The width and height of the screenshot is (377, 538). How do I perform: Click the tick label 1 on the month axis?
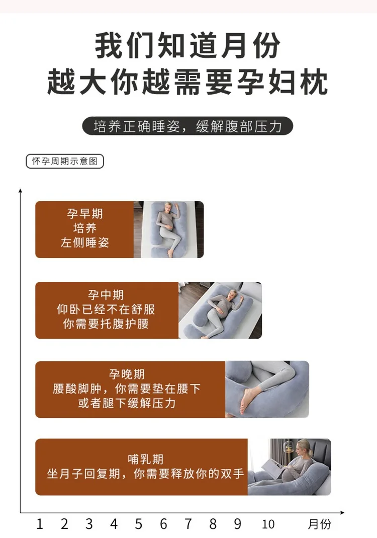(40, 524)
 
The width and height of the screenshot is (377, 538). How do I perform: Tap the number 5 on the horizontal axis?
(138, 524)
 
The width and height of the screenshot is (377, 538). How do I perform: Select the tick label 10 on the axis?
(268, 524)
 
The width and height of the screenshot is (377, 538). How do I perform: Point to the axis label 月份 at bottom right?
(319, 524)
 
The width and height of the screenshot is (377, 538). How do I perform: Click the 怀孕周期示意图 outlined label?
(65, 161)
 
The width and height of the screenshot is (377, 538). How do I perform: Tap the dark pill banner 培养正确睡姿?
(187, 126)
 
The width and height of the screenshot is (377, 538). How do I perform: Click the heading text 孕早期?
(84, 213)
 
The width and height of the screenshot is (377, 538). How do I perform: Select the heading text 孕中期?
(106, 294)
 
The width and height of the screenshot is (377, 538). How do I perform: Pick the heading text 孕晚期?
(127, 373)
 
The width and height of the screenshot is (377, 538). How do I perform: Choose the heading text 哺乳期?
(146, 459)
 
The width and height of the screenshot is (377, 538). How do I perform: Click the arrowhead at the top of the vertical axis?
(20, 190)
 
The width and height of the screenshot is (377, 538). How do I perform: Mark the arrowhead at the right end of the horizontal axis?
(342, 513)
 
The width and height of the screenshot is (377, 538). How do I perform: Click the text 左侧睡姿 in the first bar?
(84, 242)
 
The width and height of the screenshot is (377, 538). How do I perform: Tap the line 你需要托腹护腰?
(106, 324)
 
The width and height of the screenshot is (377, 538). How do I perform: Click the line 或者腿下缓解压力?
(127, 403)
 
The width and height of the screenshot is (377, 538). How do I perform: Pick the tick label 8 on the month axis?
(213, 524)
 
